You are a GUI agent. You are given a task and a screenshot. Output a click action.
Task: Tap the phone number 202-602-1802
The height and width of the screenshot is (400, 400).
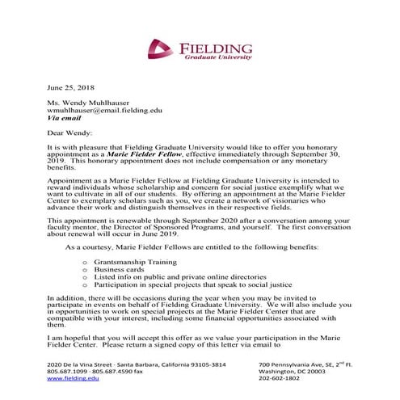[280, 378]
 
